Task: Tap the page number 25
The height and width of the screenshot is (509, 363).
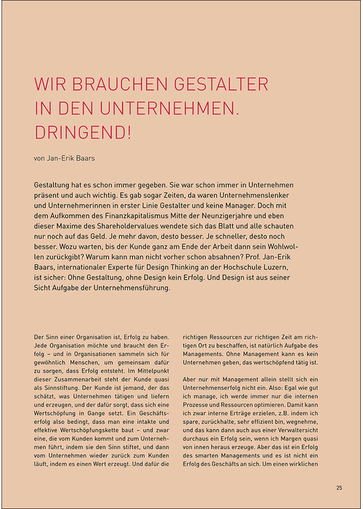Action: [339, 487]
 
